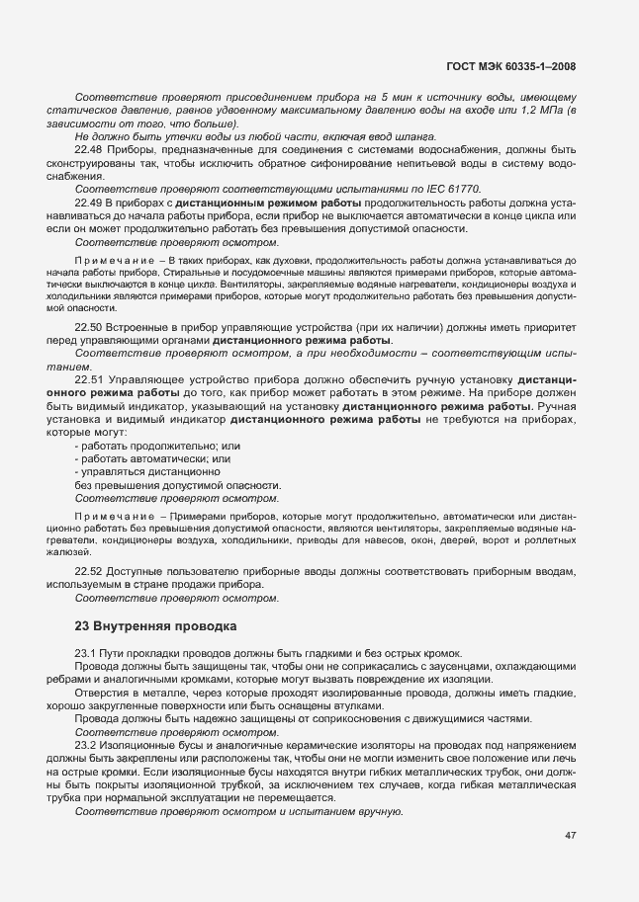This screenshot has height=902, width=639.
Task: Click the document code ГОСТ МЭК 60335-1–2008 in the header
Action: tap(511, 66)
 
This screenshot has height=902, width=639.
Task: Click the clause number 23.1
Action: tap(87, 654)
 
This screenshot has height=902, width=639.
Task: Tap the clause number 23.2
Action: tap(87, 745)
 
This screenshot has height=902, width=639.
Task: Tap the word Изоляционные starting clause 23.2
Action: tap(144, 745)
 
